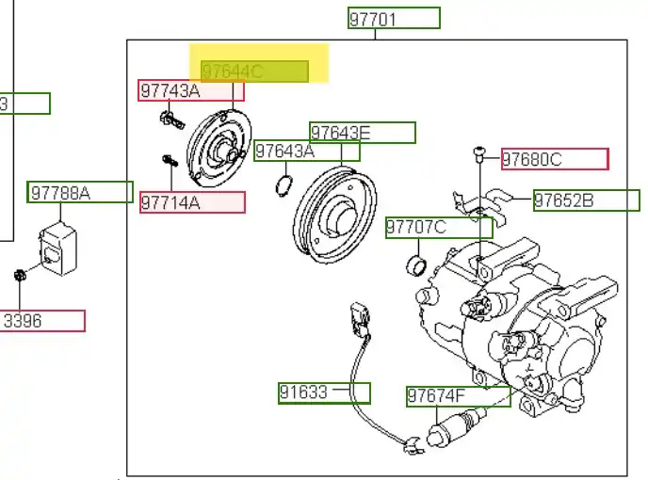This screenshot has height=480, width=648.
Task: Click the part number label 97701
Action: tap(393, 18)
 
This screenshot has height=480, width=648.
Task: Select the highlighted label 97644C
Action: tap(254, 71)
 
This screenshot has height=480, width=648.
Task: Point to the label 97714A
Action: tap(192, 202)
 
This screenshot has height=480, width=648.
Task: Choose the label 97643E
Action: tap(362, 133)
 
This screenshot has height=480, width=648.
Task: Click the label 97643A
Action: tap(307, 151)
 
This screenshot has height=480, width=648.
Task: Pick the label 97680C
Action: tap(554, 159)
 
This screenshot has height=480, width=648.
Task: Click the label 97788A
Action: tap(80, 193)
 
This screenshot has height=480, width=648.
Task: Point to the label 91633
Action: tap(324, 392)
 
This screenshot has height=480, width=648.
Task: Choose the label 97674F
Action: tap(458, 396)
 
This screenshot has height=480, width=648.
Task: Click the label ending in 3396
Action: tap(42, 321)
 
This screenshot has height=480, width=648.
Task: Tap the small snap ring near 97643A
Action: tap(283, 184)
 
